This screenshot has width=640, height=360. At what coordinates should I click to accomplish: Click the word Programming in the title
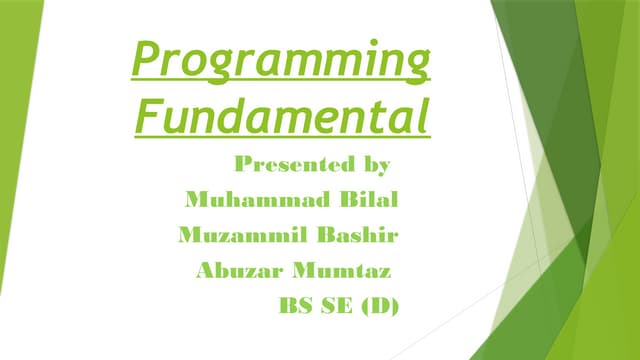pos(282,63)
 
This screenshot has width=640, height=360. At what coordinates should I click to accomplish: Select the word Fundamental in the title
pos(282,117)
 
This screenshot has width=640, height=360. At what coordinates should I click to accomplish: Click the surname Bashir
pos(362,235)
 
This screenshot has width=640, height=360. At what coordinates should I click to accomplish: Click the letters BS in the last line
pos(296,306)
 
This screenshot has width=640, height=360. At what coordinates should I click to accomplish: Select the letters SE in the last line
pos(339,306)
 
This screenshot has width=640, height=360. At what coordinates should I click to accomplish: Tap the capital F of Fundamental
pos(145,116)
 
